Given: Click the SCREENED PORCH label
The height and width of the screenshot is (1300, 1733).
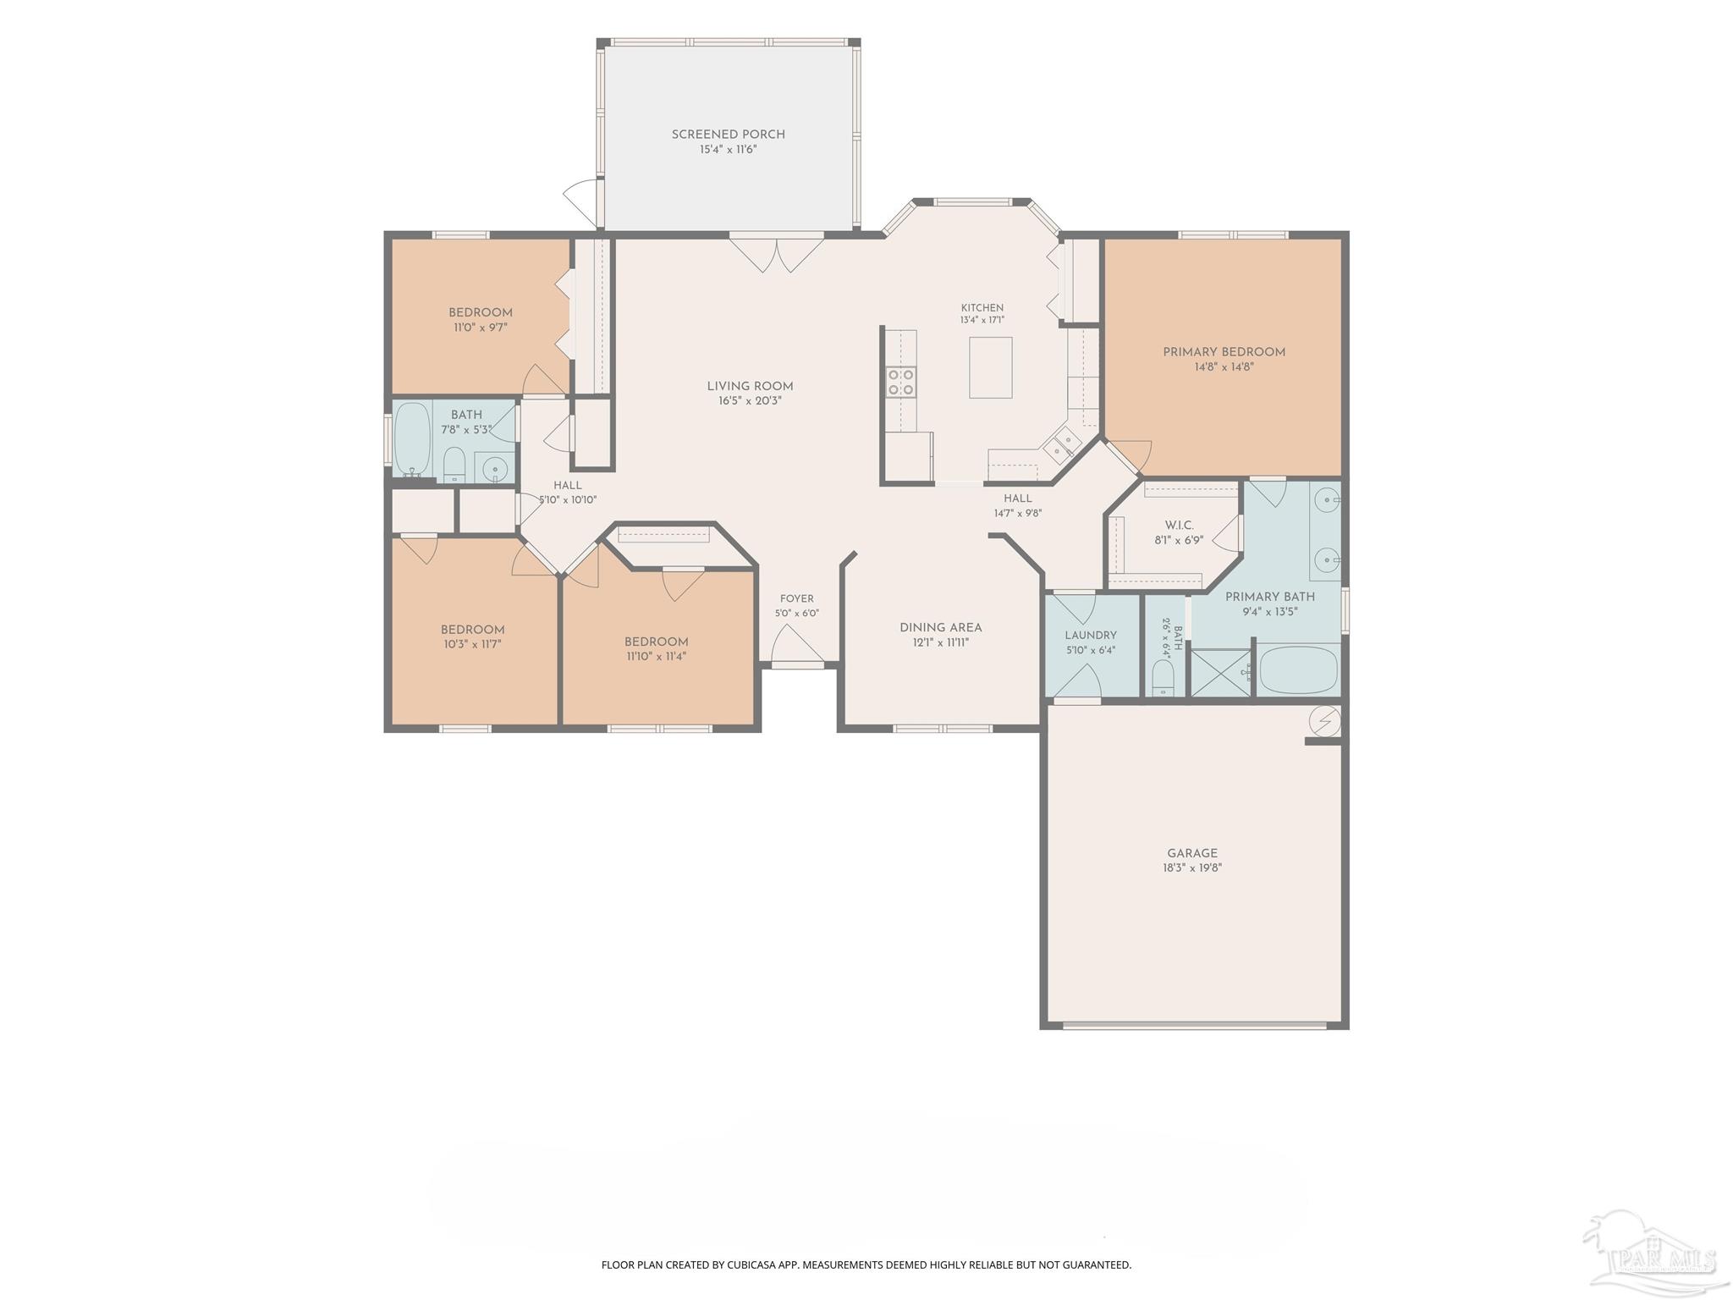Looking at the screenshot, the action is tap(728, 135).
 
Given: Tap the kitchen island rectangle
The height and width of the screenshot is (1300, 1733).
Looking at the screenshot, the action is tap(990, 367).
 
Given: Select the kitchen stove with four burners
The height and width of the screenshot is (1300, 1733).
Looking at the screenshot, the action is tap(900, 382).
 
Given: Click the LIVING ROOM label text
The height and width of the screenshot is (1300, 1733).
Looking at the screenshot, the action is tap(750, 387).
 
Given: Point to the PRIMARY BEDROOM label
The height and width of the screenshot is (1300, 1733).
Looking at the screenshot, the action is tap(1224, 352).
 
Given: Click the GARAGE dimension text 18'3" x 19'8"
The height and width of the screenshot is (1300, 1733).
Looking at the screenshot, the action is tap(1192, 868).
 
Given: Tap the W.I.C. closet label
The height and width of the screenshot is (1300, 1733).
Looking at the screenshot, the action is tap(1179, 526).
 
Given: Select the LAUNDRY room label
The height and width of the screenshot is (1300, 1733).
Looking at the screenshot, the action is tap(1091, 636).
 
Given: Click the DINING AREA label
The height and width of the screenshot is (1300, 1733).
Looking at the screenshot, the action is tap(940, 628).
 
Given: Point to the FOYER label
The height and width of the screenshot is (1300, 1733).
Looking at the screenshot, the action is tap(796, 598).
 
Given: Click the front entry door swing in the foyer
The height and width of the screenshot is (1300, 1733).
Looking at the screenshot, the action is tap(797, 645).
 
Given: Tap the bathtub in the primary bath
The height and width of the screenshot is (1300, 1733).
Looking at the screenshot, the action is tap(1298, 669).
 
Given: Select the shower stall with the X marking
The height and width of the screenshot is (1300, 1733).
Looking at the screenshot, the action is tap(1220, 673).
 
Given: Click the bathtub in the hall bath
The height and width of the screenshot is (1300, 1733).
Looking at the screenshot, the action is tap(412, 439).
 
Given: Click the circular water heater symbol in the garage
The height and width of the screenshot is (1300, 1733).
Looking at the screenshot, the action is tap(1324, 720).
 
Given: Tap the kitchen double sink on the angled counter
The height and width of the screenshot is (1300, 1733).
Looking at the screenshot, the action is tap(1062, 445).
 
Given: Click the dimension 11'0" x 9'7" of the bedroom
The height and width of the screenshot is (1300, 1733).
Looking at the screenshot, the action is tap(480, 328).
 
